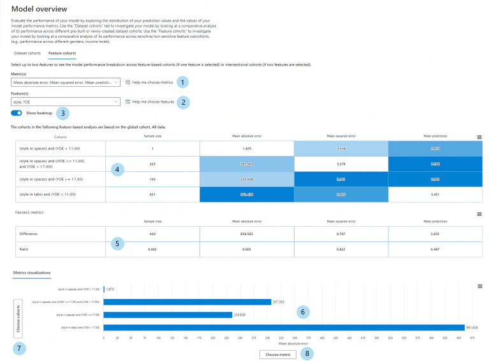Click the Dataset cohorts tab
[27, 53]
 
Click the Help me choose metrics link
[149, 82]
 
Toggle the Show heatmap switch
[17, 113]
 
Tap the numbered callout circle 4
[117, 169]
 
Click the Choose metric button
[278, 354]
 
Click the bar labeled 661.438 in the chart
[284, 328]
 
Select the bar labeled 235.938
[168, 314]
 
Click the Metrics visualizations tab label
[32, 273]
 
